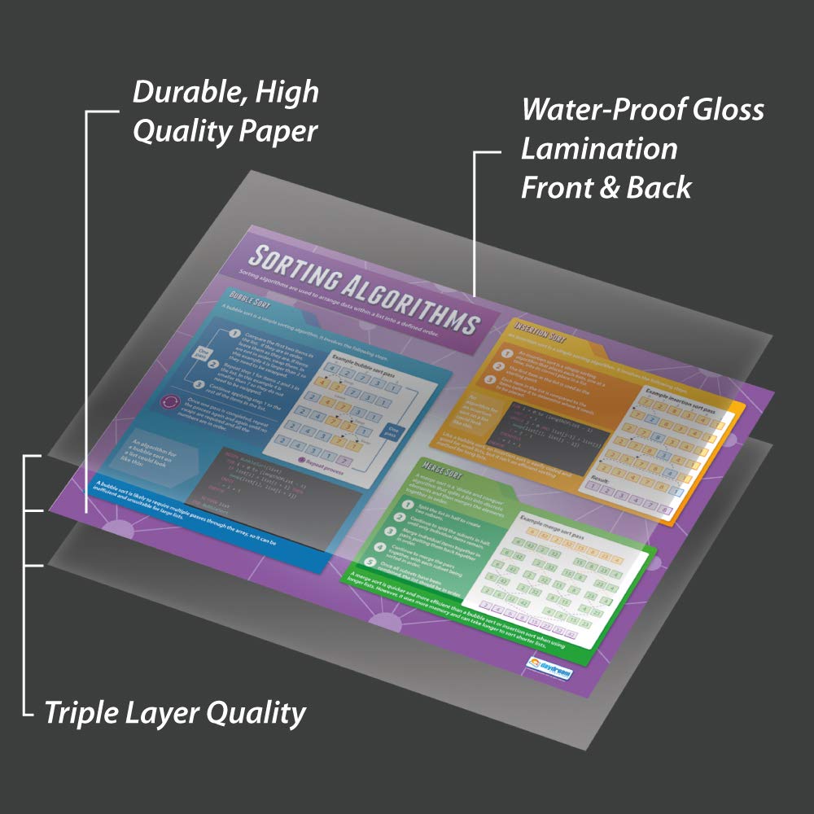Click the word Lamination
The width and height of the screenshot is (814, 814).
pyautogui.click(x=599, y=148)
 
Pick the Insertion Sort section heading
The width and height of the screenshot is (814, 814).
pyautogui.click(x=535, y=338)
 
